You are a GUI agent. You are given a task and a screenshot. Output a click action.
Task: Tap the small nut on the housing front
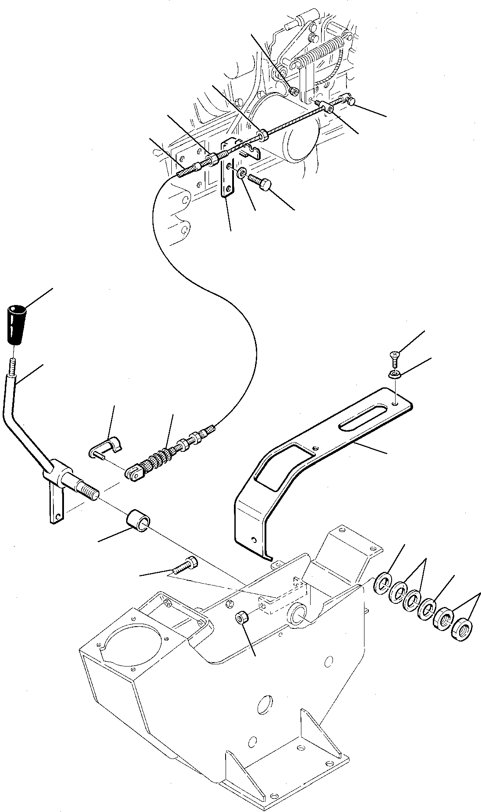click(x=242, y=618)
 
